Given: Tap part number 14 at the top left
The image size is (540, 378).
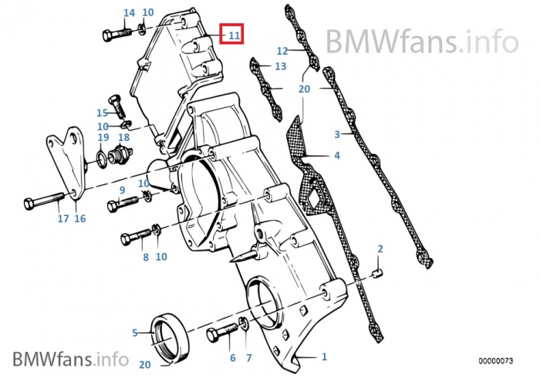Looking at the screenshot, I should tap(129, 13).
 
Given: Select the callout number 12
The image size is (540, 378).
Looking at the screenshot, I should tap(282, 51).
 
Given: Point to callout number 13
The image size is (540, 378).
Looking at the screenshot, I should tap(280, 67).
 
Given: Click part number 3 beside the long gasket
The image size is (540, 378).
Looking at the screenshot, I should tap(337, 134).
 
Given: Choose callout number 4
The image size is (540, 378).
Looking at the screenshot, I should tap(336, 156).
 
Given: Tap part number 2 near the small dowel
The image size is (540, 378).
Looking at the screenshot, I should tap(380, 248).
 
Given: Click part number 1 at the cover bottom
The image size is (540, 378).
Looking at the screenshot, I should tap(324, 356).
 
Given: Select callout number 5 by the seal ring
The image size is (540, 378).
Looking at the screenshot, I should tap(134, 333).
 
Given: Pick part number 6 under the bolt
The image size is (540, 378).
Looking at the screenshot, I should tap(231, 359).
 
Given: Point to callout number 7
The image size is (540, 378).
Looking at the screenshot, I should tap(248, 359).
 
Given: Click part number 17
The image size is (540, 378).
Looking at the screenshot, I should tap(63, 219).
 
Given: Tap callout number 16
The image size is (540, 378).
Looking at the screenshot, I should tap(80, 219).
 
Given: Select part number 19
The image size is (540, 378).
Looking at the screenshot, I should tap(103, 137).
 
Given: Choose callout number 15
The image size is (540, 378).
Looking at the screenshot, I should tap(101, 113).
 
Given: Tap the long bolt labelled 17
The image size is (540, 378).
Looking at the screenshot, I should tap(42, 204).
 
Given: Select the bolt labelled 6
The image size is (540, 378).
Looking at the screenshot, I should tap(220, 336).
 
